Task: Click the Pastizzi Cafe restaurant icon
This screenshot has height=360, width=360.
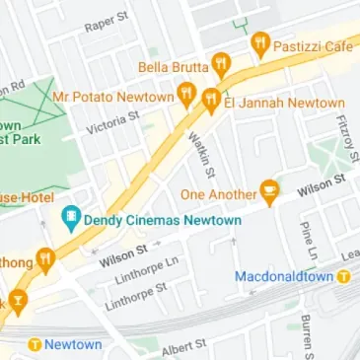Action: pos(260,42)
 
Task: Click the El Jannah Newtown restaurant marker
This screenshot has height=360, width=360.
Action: pos(211,99)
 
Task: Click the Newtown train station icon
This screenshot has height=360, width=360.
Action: pos(36,344)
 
